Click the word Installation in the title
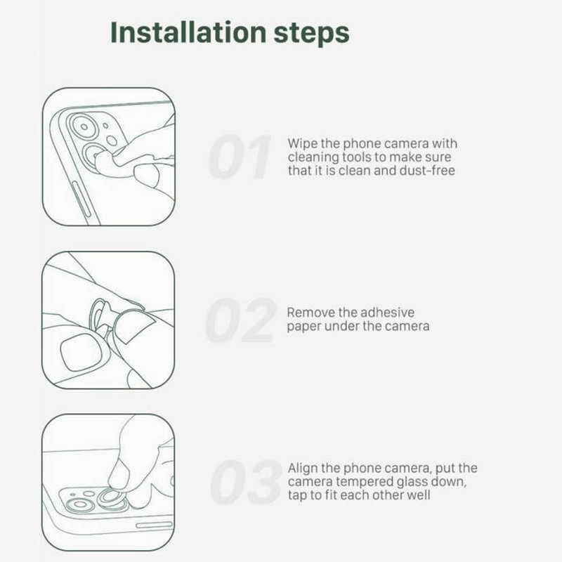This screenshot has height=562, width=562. [188, 32]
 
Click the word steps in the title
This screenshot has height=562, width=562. [311, 34]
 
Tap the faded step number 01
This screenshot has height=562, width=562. [240, 157]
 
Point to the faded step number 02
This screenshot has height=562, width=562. [240, 320]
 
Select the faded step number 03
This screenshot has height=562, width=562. [245, 483]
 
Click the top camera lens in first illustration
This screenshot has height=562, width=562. [84, 126]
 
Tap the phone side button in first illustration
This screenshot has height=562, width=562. [81, 200]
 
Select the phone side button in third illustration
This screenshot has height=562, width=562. [154, 525]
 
